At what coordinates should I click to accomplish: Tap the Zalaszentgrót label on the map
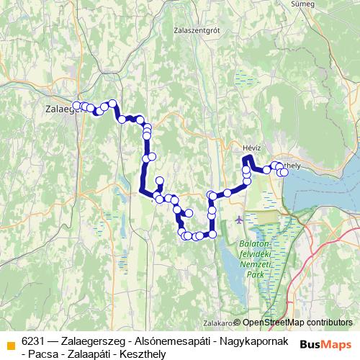[x=196, y=30]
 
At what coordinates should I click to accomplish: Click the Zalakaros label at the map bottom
[x=217, y=323]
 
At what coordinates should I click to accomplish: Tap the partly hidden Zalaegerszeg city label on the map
[x=58, y=109]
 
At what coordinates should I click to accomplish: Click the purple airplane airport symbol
[x=239, y=218]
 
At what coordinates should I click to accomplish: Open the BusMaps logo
[x=327, y=343]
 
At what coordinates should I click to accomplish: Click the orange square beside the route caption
[x=10, y=343]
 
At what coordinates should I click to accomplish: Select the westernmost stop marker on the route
[x=76, y=106]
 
